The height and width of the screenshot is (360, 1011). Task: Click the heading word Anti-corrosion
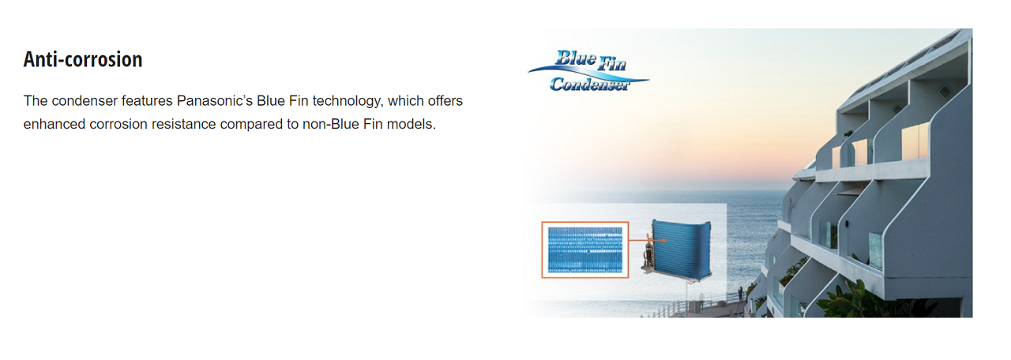pos(83,59)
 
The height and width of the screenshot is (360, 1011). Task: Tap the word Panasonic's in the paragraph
pos(214,100)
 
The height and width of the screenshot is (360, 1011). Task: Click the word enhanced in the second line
pos(54,124)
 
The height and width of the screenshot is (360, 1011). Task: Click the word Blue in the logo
pos(576,58)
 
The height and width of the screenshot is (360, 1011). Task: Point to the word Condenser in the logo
pos(589,84)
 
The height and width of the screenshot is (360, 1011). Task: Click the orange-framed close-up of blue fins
pos(585,249)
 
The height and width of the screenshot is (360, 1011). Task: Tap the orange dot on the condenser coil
pos(664,241)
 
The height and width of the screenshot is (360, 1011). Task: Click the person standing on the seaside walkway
pos(740,294)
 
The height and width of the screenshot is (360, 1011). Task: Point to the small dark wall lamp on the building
pos(847,223)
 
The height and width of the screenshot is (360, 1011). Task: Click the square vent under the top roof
pos(945,92)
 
